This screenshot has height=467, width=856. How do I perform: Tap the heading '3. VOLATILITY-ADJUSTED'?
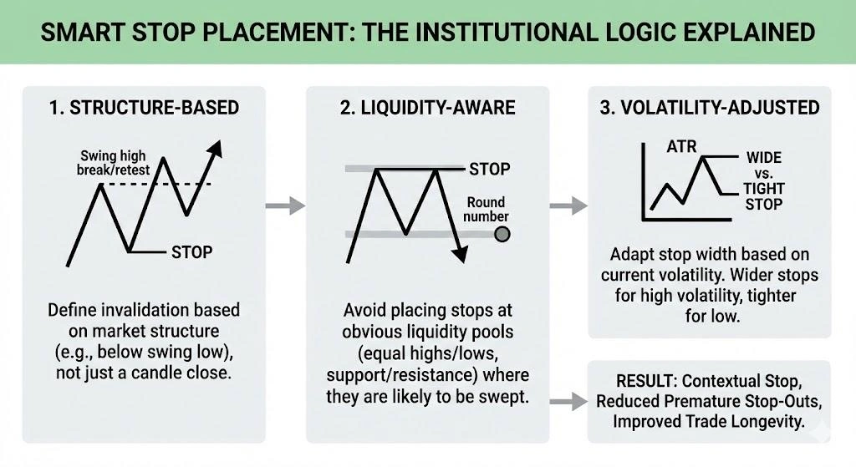tap(710, 108)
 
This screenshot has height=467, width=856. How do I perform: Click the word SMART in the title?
tap(79, 33)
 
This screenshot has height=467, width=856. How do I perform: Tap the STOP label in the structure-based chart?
tap(191, 251)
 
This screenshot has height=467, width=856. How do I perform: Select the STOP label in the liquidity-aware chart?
tap(489, 170)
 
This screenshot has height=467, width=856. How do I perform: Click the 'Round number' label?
tap(486, 209)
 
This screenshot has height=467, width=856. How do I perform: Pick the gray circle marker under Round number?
tap(502, 235)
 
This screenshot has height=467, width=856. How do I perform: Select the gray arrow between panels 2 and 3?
tap(571, 205)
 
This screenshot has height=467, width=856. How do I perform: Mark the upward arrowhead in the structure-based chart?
tap(216, 149)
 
